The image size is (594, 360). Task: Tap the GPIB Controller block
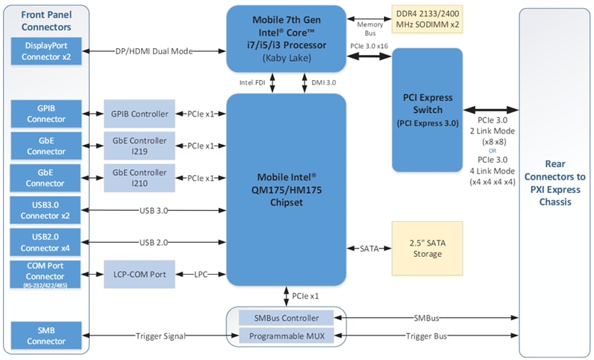click(140, 114)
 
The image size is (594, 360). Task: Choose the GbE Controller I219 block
click(140, 145)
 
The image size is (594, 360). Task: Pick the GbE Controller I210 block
click(140, 178)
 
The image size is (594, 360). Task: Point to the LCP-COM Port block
click(140, 273)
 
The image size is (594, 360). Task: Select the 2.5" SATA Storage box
click(426, 248)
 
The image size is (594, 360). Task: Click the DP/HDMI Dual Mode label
click(154, 51)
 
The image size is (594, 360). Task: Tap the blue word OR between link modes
click(492, 150)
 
